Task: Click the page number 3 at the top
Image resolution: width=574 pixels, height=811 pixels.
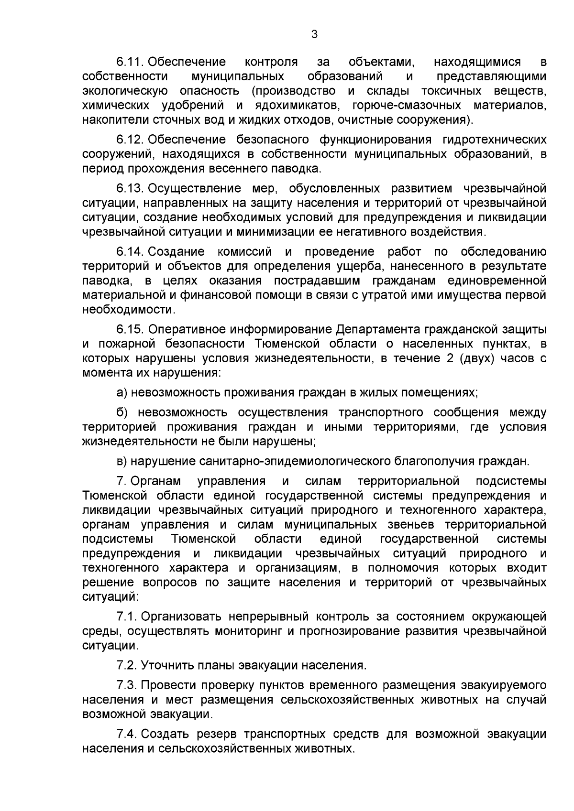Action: coord(314,34)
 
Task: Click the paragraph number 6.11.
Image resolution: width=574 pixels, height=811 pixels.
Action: coord(131,62)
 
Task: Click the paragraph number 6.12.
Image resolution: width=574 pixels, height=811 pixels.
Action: coord(131,140)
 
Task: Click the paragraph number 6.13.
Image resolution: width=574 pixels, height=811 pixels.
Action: coord(131,188)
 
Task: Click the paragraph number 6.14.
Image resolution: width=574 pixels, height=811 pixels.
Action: coord(131,251)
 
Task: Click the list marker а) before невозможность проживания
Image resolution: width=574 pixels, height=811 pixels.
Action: coord(122,393)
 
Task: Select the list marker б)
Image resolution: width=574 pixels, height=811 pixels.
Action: coord(122,412)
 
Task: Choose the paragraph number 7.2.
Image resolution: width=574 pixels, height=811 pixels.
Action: coord(127,665)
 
